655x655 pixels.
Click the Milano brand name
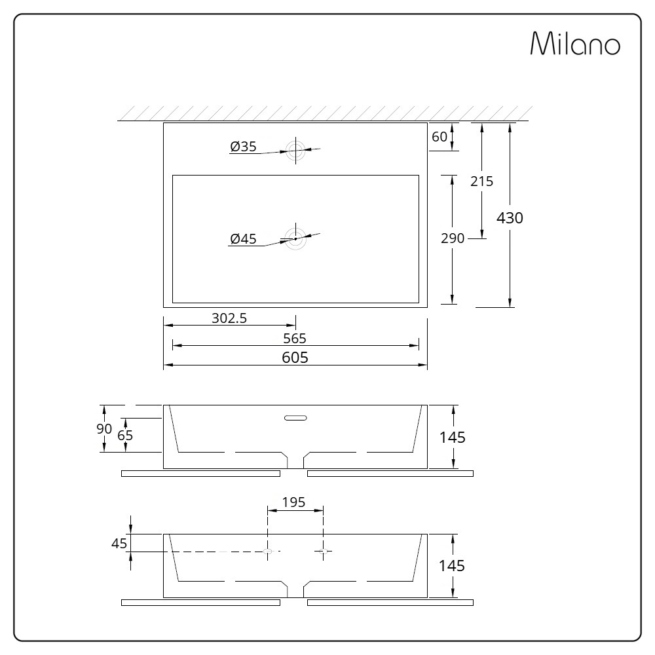click(574, 44)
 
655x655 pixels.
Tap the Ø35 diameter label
click(243, 147)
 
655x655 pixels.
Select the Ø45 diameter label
click(243, 239)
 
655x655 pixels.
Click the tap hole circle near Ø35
click(295, 150)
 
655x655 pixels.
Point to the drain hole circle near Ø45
click(295, 238)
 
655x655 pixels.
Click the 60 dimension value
click(440, 137)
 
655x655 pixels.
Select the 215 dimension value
click(481, 181)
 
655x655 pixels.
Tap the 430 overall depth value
click(510, 218)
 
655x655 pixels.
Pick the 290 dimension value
click(452, 238)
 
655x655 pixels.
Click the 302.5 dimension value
click(229, 318)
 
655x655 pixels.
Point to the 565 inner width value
click(295, 338)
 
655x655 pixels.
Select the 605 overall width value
click(295, 357)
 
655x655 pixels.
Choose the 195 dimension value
click(293, 502)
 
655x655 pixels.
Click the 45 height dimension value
click(119, 543)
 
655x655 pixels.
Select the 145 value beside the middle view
click(452, 437)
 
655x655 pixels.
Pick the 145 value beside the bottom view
click(452, 565)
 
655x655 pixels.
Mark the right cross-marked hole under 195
click(323, 552)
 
